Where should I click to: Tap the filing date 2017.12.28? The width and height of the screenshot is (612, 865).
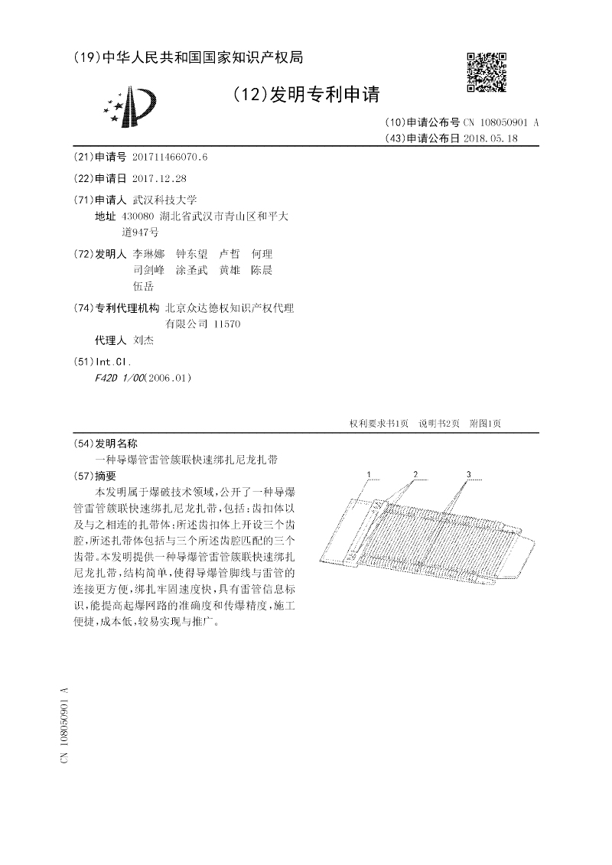click(159, 178)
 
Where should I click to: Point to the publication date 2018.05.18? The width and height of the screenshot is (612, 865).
click(490, 138)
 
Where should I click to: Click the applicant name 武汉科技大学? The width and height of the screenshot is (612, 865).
click(164, 200)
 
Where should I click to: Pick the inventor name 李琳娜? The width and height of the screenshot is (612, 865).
click(148, 254)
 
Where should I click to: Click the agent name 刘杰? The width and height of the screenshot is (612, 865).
click(143, 340)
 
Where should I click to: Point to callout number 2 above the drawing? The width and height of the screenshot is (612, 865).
click(415, 475)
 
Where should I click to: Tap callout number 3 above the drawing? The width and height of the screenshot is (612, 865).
click(468, 475)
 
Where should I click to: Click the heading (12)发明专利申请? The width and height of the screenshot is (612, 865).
click(306, 95)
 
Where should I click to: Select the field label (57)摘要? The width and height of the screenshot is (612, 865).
click(93, 476)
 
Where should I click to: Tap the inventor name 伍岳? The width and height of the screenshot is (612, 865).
click(143, 286)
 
